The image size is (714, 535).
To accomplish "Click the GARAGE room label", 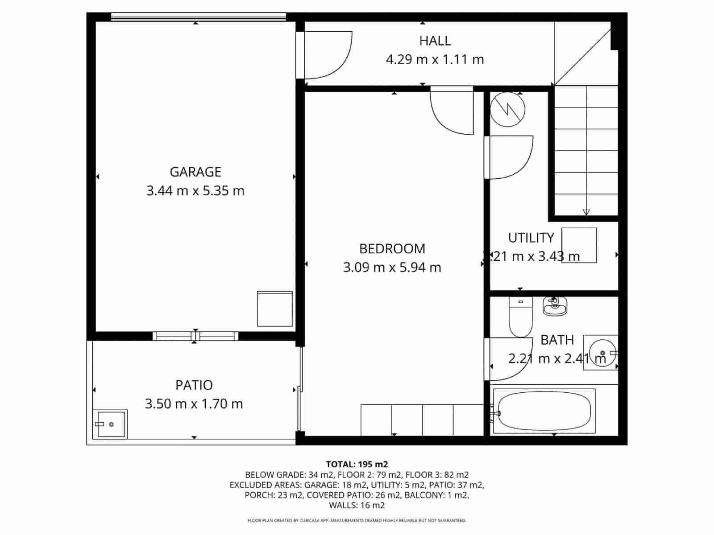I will pyautogui.click(x=195, y=172).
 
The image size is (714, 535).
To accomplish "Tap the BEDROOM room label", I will pyautogui.click(x=392, y=248).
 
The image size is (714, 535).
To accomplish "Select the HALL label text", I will pyautogui.click(x=435, y=41).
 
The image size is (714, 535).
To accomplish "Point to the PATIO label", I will pyautogui.click(x=194, y=385).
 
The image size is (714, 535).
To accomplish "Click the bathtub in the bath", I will pyautogui.click(x=544, y=410).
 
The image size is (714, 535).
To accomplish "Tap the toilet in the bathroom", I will pyautogui.click(x=520, y=317).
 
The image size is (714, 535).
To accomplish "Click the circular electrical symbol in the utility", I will pyautogui.click(x=507, y=109).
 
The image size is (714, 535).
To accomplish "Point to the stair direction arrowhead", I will pyautogui.click(x=586, y=212).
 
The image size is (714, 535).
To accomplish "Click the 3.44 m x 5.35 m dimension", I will pyautogui.click(x=195, y=191).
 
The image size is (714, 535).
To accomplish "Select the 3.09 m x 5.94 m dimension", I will pyautogui.click(x=392, y=267).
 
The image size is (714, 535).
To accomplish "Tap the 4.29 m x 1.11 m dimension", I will pyautogui.click(x=435, y=59).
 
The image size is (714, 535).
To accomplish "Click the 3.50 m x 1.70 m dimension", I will pyautogui.click(x=194, y=404).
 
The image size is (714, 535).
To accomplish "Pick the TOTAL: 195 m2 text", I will pyautogui.click(x=357, y=464).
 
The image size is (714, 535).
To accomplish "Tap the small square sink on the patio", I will pyautogui.click(x=110, y=424).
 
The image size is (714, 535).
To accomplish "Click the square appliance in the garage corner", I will pyautogui.click(x=274, y=309).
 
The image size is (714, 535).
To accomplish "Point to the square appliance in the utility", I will pyautogui.click(x=579, y=245).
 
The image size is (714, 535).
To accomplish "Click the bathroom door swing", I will pyautogui.click(x=511, y=359).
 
